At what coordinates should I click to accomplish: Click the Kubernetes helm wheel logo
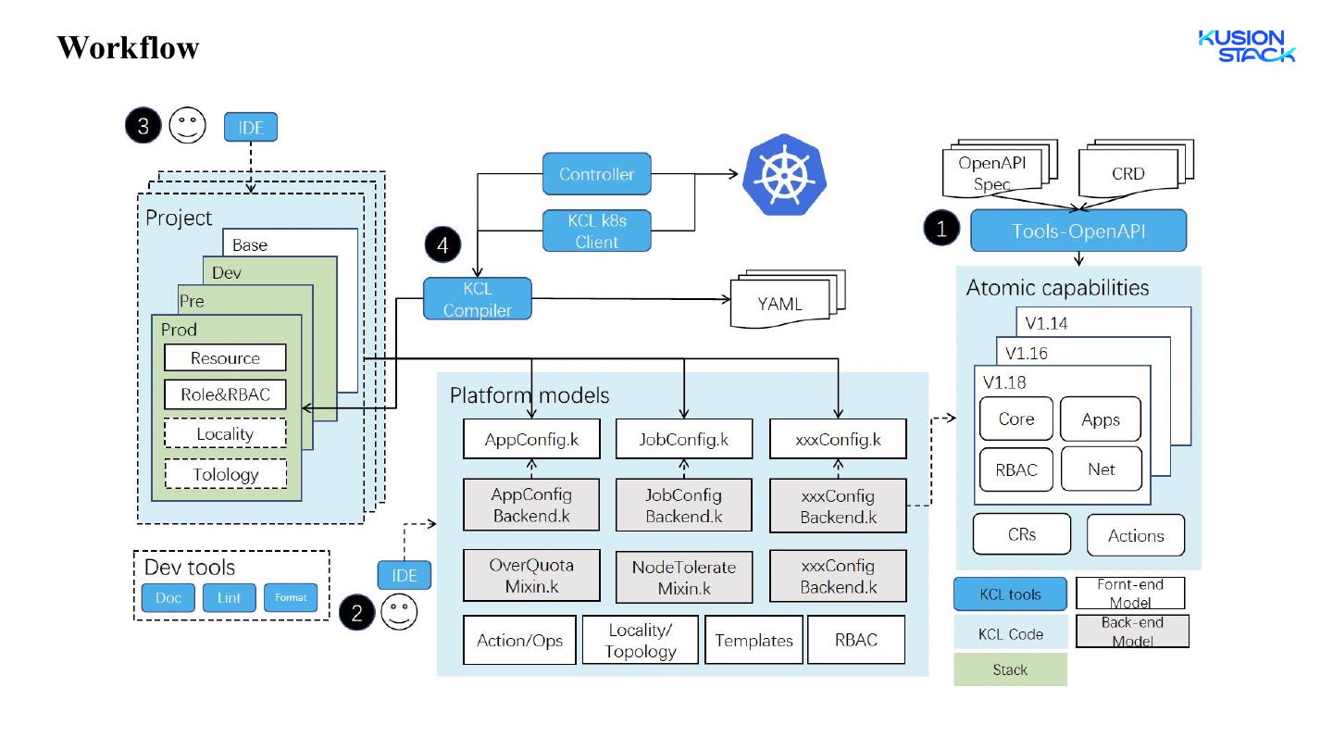(784, 174)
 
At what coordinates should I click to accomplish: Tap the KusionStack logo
(1247, 46)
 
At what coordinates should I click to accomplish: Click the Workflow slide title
(128, 47)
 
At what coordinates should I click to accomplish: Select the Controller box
(596, 174)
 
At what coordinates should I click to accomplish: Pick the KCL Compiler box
(478, 299)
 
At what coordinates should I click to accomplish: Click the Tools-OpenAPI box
(1078, 231)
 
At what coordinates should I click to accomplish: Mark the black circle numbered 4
(442, 244)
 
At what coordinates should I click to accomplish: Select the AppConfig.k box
(531, 440)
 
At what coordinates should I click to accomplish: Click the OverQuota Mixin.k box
(531, 575)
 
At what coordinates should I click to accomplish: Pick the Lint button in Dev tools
(229, 598)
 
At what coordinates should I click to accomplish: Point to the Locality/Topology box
(641, 640)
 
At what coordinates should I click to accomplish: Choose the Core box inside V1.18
(1015, 419)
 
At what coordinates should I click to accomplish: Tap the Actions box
(1135, 535)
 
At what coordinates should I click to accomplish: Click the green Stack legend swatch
(1010, 669)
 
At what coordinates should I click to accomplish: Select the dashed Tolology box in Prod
(225, 474)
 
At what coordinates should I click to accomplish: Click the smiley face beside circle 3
(187, 126)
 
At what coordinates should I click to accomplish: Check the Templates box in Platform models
(754, 640)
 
